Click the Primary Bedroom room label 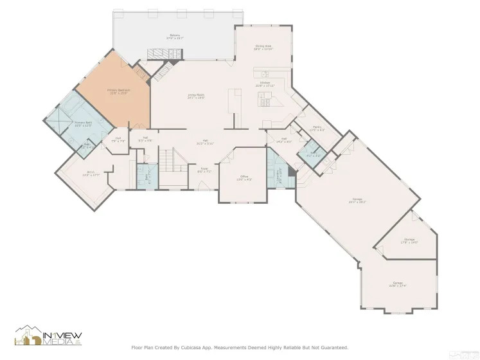tap(119, 91)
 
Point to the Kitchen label tap(265, 84)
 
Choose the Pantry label tap(317, 127)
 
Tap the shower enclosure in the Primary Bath tap(58, 117)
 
